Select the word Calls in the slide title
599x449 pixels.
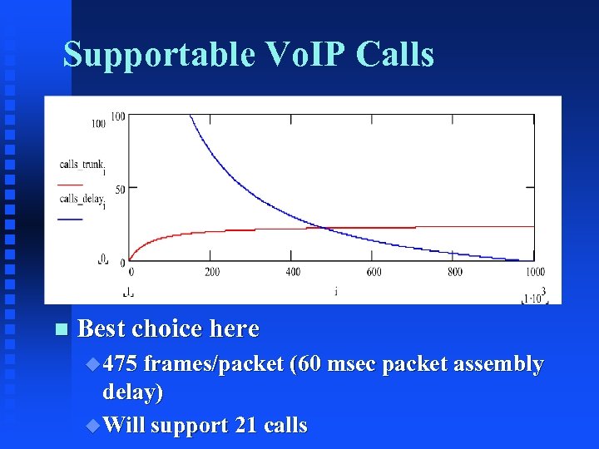point(395,55)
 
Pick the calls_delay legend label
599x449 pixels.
point(82,199)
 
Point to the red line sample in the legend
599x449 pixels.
point(71,184)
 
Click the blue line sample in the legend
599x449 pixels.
point(71,218)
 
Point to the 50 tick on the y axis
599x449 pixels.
point(119,190)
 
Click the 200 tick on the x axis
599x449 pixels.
point(212,272)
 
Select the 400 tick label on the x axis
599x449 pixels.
point(293,272)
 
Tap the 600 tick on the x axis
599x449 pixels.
point(374,272)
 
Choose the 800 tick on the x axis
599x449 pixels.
point(455,272)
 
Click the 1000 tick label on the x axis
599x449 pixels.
point(535,272)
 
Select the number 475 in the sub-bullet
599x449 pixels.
point(122,364)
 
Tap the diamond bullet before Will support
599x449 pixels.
point(93,426)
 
